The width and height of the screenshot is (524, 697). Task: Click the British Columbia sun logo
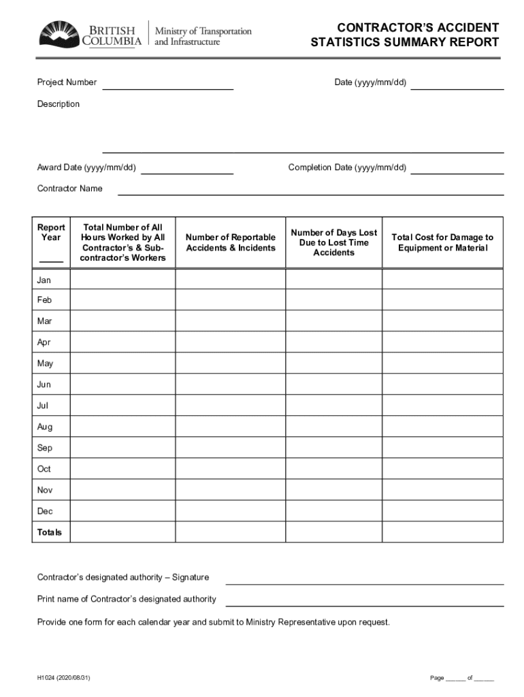pyautogui.click(x=59, y=34)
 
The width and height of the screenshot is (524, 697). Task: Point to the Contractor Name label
pyautogui.click(x=69, y=189)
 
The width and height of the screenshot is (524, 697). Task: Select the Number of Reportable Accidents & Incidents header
pyautogui.click(x=231, y=242)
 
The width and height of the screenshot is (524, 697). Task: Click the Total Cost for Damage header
pyautogui.click(x=442, y=242)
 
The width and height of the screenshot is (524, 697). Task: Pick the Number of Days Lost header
pyautogui.click(x=333, y=242)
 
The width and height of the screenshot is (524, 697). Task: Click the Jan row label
pyautogui.click(x=44, y=280)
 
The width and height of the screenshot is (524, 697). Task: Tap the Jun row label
pyautogui.click(x=44, y=385)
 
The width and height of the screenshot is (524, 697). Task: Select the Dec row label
pyautogui.click(x=44, y=511)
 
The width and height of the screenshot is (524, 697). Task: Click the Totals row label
pyautogui.click(x=49, y=532)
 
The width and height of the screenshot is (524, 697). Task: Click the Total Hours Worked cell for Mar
pyautogui.click(x=122, y=321)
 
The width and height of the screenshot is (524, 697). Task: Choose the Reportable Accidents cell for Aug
pyautogui.click(x=231, y=427)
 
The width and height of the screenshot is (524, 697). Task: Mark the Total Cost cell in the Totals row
pyautogui.click(x=442, y=532)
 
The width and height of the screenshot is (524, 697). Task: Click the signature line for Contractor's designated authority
pyautogui.click(x=364, y=578)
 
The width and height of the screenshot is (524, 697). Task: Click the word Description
pyautogui.click(x=58, y=104)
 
